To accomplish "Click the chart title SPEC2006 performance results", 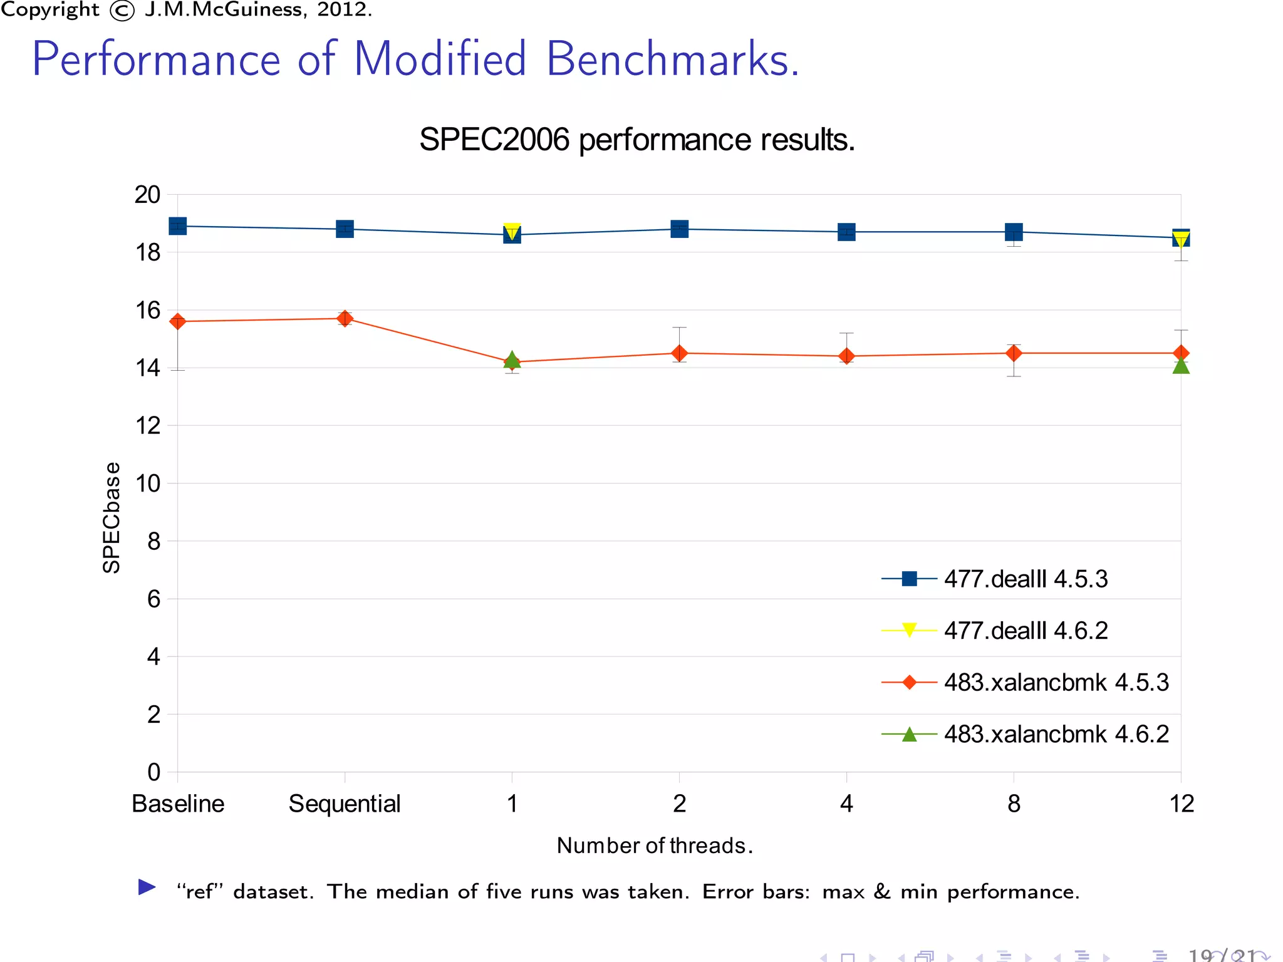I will [636, 140].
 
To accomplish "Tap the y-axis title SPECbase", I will [112, 517].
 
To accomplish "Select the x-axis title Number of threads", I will [654, 846].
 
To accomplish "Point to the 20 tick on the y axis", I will [148, 195].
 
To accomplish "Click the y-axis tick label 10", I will [148, 484].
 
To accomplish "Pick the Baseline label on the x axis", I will [178, 804].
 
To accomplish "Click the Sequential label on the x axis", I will [345, 804].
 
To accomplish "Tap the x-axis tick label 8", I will [1014, 804].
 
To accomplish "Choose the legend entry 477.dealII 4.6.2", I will [1026, 631].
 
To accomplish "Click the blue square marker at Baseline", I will [178, 226].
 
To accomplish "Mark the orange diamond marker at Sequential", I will [345, 319].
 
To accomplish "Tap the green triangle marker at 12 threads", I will [1181, 366].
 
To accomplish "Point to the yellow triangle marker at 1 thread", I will [512, 230].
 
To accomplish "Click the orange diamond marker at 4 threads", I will [846, 356].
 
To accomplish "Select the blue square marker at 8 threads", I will [1014, 232].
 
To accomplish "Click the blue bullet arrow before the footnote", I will [147, 887].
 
